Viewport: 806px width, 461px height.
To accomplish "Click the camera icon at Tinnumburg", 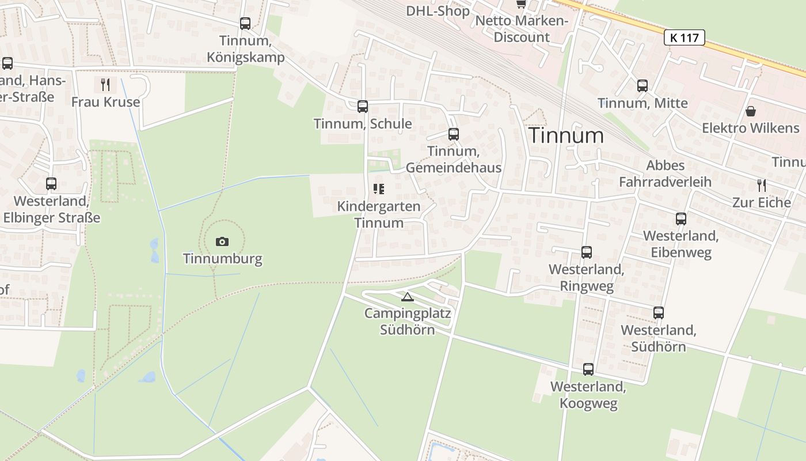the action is (222, 242).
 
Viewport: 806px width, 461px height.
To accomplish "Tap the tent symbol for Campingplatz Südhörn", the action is (408, 297).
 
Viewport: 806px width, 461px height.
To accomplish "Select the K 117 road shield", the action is (685, 38).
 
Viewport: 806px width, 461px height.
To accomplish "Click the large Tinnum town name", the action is (567, 135).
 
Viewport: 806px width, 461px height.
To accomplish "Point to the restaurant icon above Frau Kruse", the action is (105, 85).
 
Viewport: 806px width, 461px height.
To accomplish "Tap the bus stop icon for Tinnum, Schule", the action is (363, 107).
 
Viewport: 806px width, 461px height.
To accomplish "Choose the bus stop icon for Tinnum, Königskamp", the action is (245, 24).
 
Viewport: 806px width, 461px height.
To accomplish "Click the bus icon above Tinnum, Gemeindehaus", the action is (454, 134).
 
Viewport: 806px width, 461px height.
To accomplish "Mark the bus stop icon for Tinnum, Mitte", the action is (642, 86).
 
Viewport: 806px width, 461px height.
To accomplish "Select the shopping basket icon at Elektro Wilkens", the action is (751, 111).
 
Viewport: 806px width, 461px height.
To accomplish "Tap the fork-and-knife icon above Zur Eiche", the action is (762, 186).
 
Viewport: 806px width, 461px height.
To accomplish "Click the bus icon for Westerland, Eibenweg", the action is (681, 219).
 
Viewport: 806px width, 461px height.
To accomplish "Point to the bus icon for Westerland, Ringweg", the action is (587, 252).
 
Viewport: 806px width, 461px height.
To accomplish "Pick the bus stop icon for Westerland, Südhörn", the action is (659, 313).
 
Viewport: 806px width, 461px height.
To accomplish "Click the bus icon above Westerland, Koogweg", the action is (588, 369).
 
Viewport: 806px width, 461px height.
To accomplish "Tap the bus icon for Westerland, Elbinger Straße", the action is (51, 184).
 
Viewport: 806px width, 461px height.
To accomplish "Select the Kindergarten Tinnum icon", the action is (379, 189).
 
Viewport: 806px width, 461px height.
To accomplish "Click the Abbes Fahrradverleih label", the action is (665, 173).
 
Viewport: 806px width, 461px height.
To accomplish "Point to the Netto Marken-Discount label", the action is (522, 29).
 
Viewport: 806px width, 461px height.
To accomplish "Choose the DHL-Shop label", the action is (438, 10).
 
